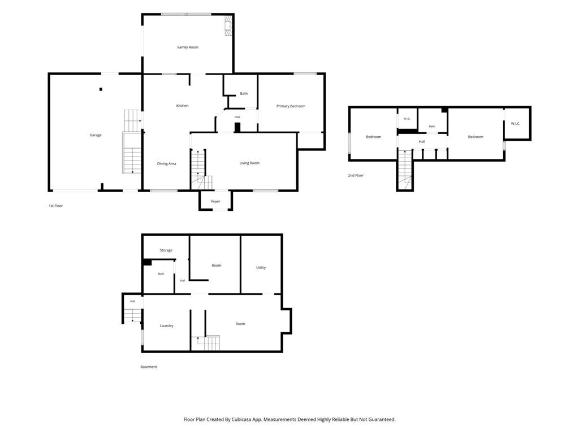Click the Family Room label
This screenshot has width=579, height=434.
point(188,47)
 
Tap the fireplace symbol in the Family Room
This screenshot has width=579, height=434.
point(228,26)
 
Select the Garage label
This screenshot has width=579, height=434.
point(95,135)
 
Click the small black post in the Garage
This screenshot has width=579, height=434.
point(101,89)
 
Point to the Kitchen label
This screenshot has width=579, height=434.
point(182,106)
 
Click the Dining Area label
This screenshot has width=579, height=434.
point(167,163)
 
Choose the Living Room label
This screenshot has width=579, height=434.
point(249,163)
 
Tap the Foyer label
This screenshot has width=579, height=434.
point(215,202)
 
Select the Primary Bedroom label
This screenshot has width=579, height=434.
point(291,106)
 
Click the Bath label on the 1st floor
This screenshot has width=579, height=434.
point(244,93)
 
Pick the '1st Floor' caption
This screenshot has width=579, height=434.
point(56,206)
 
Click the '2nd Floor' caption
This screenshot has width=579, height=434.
point(356,175)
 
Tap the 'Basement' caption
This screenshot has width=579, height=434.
point(149,366)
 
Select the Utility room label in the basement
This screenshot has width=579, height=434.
point(261,267)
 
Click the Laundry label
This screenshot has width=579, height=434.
point(167,325)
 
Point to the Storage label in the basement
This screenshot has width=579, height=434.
point(166,250)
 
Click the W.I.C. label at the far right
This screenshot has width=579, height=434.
point(516,124)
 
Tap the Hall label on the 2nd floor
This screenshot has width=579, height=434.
point(422,141)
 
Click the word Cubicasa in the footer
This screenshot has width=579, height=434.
point(242,419)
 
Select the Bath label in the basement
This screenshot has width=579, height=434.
point(161,274)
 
